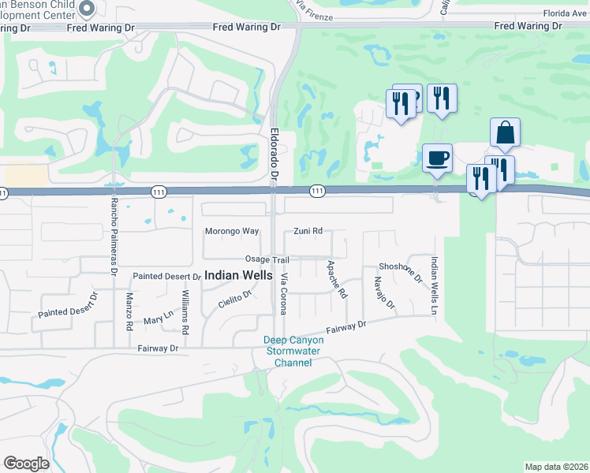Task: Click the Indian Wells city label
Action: (238, 277)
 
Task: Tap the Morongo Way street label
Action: (232, 232)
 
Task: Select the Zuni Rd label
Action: (308, 232)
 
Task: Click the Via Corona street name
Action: (284, 292)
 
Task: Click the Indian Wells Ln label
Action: (433, 286)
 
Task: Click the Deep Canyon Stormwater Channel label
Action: (293, 351)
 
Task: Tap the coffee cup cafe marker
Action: (437, 158)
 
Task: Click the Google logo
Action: (26, 464)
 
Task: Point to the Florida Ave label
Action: (565, 13)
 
